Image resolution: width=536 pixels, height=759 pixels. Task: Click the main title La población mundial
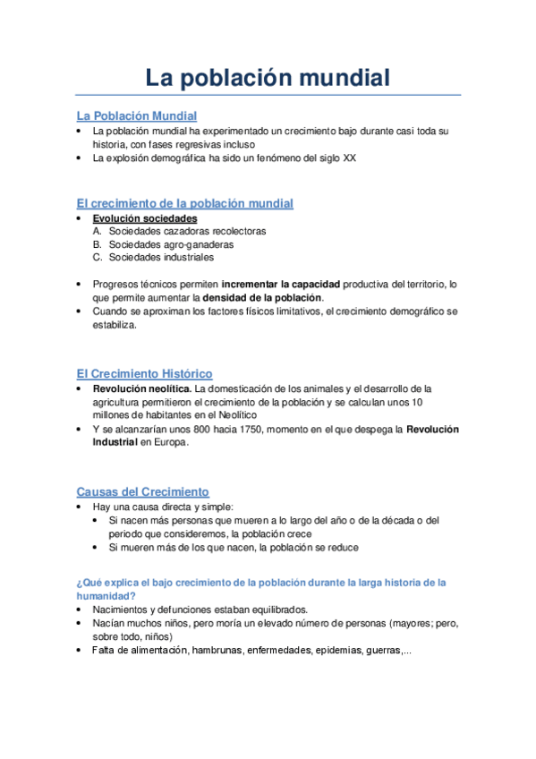click(x=268, y=78)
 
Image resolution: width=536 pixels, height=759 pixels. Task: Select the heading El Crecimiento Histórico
click(x=144, y=373)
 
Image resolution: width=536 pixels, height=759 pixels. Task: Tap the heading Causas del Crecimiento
click(x=142, y=491)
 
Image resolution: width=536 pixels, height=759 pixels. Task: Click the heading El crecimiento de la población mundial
click(x=184, y=203)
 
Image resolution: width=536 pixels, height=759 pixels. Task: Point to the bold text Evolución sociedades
click(x=145, y=218)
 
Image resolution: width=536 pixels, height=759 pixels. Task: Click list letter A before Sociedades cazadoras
click(x=97, y=231)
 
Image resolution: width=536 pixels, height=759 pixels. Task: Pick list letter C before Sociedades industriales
click(x=97, y=258)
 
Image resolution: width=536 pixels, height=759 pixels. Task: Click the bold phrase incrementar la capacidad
click(x=280, y=284)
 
